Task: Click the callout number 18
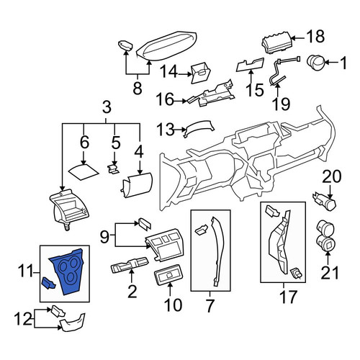coord(316,37)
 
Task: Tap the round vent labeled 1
coord(315,63)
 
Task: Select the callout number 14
coord(168,71)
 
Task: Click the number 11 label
coord(25,272)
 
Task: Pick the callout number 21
coord(330,272)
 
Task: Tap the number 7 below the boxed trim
coord(210,305)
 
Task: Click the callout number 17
coord(288,297)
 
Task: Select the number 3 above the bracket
coord(107,107)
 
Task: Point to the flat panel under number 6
coord(84,171)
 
